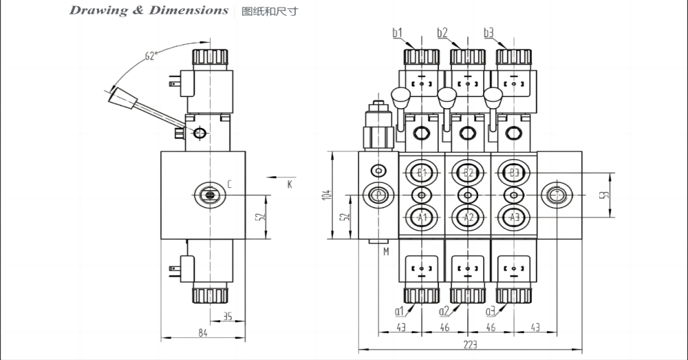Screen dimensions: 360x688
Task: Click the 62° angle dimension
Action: pyautogui.click(x=151, y=56)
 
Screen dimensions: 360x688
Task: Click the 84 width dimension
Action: pyautogui.click(x=203, y=332)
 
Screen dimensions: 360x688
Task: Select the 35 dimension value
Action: pyautogui.click(x=227, y=317)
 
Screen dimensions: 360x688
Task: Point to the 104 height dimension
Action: pyautogui.click(x=327, y=195)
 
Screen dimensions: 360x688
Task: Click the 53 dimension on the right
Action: pyautogui.click(x=604, y=195)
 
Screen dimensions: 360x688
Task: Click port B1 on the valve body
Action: pyautogui.click(x=422, y=172)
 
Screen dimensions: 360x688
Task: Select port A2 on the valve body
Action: pyautogui.click(x=469, y=218)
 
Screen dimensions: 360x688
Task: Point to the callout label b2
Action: pyautogui.click(x=442, y=32)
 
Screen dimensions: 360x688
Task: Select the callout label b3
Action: pyautogui.click(x=488, y=32)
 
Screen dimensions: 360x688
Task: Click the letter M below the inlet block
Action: pyautogui.click(x=386, y=252)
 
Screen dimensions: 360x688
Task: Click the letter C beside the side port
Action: pyautogui.click(x=229, y=184)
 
